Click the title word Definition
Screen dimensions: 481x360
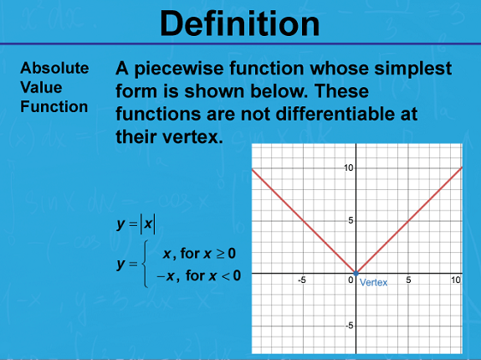coord(239,23)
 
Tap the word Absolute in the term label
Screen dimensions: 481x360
coord(54,68)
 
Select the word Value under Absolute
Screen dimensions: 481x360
coord(41,87)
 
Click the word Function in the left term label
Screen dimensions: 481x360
coord(54,107)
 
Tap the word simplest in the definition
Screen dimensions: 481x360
coord(413,69)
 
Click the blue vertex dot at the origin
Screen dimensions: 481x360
coord(356,273)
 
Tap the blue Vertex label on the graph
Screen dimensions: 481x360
coord(373,282)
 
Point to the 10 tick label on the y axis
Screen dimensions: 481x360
coord(349,168)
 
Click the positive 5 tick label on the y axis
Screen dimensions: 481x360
coord(351,220)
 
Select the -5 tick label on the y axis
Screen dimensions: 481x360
coord(350,326)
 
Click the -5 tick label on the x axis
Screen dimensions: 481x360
coord(302,280)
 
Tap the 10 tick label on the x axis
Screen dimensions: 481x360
coord(456,280)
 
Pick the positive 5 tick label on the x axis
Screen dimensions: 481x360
coord(408,280)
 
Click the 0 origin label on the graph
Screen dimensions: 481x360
coord(351,280)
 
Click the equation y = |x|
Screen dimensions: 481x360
coord(136,224)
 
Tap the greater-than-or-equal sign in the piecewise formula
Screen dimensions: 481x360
coord(220,255)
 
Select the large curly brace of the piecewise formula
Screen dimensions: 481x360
coord(145,264)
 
